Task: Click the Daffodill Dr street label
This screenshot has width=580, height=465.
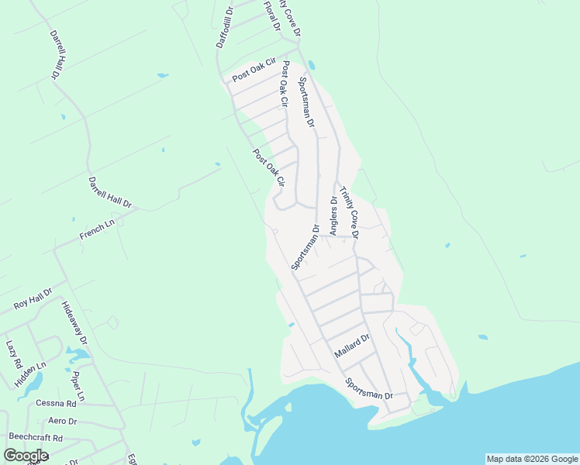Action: pos(224,29)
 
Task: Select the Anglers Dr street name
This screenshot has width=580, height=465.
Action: pos(333,215)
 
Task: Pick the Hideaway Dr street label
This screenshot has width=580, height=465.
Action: pos(74,323)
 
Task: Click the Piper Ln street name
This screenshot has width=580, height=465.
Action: pos(78,385)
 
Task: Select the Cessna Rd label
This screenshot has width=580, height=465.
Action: pos(56,403)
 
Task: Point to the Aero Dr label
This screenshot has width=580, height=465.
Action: pos(62,421)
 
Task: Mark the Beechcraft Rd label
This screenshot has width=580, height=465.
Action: pos(36,438)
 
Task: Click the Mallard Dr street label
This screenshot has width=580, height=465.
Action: pos(353,346)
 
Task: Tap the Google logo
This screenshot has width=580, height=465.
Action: pos(26,456)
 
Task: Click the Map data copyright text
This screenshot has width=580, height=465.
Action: pos(532,459)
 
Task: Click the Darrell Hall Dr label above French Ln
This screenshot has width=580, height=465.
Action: pos(109,191)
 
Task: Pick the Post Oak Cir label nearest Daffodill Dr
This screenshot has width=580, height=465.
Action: pos(254,71)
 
